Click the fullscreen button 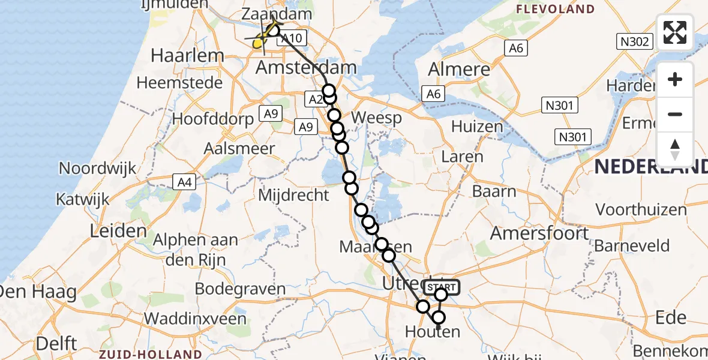675,32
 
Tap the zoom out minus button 675,114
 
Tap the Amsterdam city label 306,68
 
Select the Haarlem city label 179,56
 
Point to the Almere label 459,69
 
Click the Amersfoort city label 540,233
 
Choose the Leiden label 119,230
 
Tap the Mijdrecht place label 294,195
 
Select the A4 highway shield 185,181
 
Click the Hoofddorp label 213,119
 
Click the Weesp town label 376,118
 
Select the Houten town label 433,331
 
